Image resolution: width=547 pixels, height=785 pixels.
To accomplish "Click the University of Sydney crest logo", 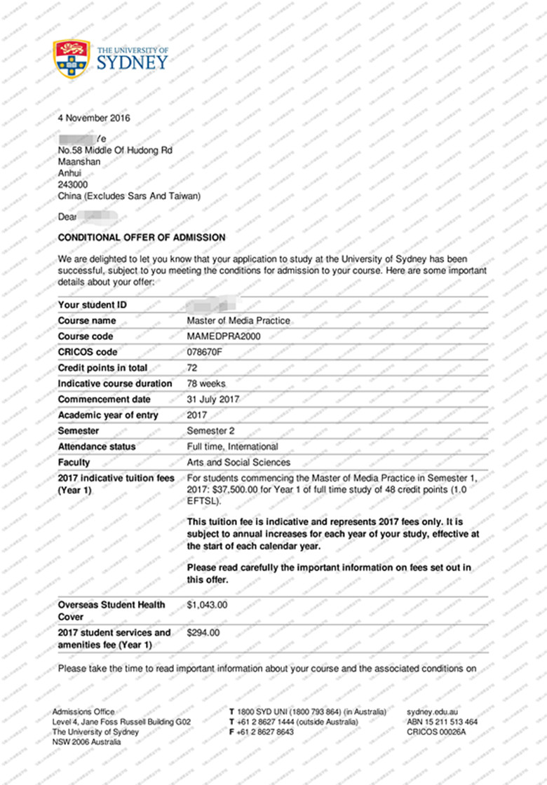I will coord(72,58).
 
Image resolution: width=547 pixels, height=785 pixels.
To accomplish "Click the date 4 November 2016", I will coord(94,118).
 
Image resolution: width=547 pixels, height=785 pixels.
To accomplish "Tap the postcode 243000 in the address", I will coord(73,184).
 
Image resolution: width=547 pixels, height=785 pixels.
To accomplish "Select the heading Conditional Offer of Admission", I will coord(142,238).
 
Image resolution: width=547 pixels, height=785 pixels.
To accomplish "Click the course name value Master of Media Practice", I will coord(238,321).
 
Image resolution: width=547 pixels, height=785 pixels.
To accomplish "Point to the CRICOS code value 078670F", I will coord(204,352).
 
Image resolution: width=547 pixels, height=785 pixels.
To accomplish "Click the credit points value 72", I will coord(192,368).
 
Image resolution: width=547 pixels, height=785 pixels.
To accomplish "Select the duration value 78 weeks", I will coord(206,383).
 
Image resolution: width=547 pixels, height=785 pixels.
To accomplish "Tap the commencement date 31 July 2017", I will coord(213,400).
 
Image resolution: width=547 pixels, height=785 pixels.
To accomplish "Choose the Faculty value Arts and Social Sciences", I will coord(238,463).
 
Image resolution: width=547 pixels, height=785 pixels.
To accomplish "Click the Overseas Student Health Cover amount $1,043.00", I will coord(207,604).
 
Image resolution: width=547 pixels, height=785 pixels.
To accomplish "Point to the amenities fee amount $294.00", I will coord(203,632).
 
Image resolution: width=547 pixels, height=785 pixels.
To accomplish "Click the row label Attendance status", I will coord(97,446).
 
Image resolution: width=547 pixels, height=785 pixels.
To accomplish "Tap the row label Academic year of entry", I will coord(108,415).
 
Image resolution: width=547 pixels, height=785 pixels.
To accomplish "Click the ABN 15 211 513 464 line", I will coord(443,722).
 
